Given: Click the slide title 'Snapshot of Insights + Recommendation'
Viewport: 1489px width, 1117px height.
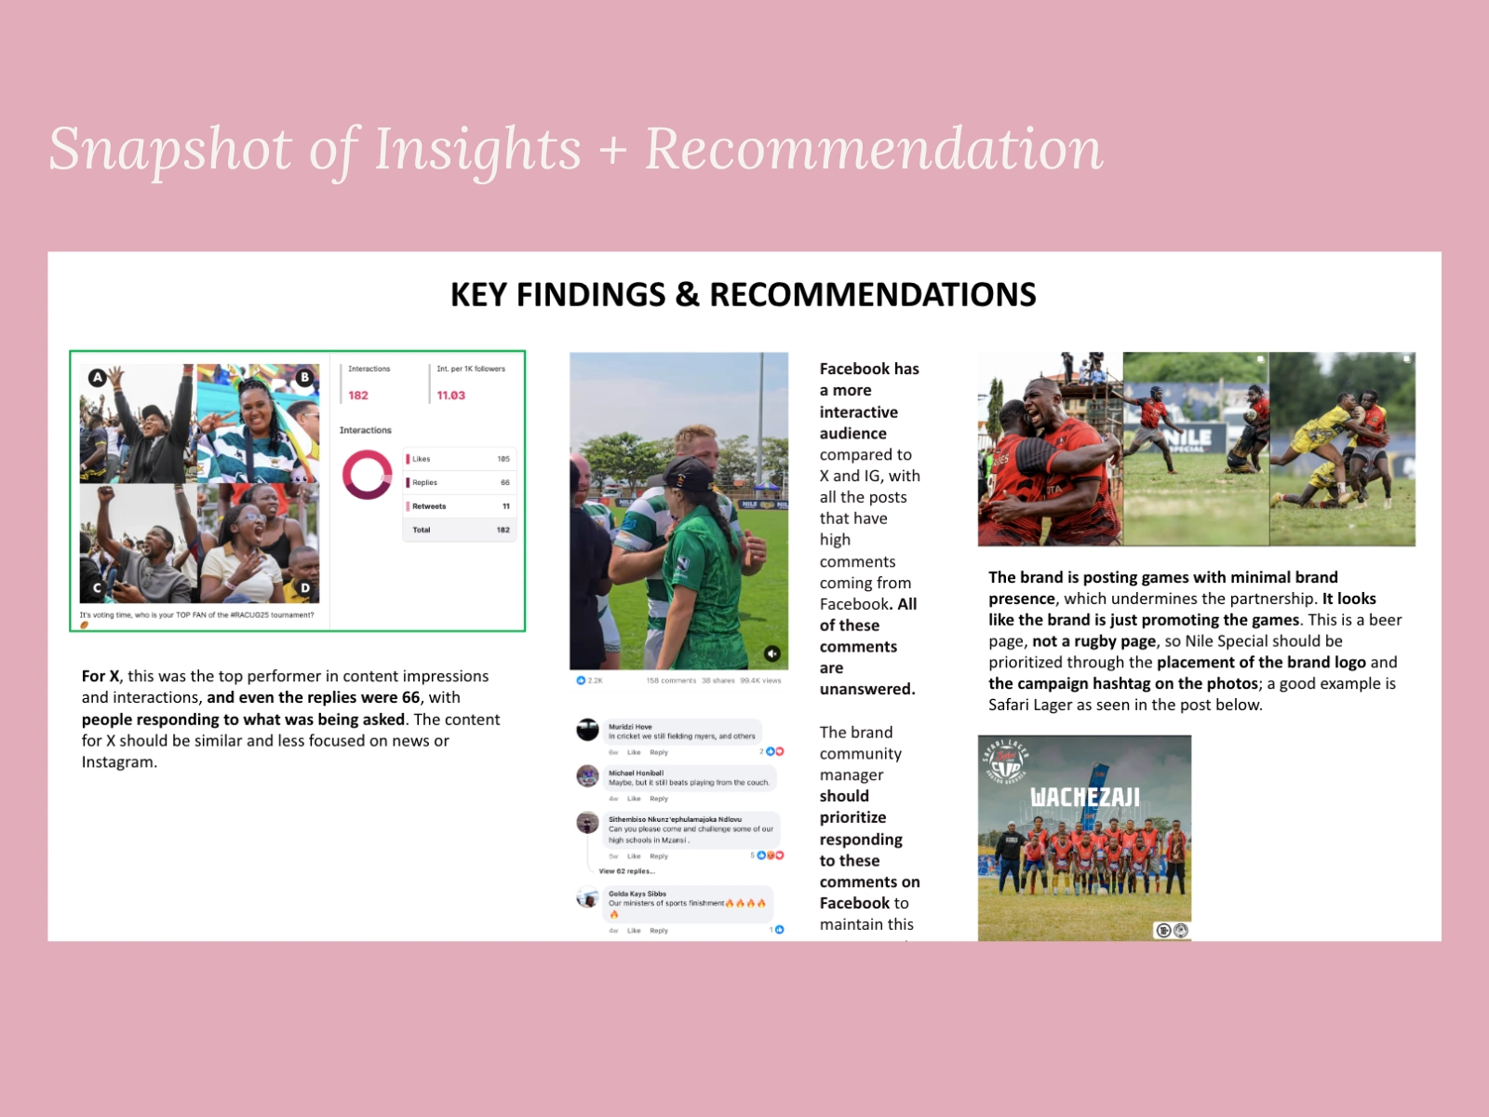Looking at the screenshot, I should coord(575,149).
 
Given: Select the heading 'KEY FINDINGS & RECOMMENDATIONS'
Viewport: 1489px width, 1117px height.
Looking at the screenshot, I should coord(743,294).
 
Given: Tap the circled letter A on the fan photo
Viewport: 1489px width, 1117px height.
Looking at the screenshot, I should coord(97,377).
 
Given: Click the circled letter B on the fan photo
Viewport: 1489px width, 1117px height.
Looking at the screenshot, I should coord(304,377).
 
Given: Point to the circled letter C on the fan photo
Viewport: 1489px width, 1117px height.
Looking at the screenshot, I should coord(97,588).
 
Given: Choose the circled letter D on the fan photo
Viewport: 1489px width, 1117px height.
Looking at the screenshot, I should coord(304,588).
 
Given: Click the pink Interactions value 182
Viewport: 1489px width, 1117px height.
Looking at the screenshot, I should coord(358,396).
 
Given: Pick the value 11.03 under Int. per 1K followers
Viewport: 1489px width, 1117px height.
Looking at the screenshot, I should coord(451,396).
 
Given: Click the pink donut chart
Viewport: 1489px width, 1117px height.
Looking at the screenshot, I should coord(367,474).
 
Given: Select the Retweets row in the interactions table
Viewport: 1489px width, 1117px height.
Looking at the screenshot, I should coord(459,506).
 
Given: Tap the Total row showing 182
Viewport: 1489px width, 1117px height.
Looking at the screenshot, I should coord(459,530).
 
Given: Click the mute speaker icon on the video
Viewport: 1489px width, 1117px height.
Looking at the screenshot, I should coord(772,653).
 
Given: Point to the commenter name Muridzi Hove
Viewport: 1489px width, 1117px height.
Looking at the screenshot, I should coord(630,726).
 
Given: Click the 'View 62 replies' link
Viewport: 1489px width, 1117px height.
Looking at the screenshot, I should coord(626,871).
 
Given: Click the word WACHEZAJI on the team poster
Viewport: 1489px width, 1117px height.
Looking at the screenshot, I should coord(1085,798).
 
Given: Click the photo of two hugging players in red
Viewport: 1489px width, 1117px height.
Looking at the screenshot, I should coord(1050,449).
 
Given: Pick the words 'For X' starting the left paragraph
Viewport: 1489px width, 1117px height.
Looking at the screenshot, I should coord(100,677).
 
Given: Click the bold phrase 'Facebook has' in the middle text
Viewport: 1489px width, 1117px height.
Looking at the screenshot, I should coord(869,369).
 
